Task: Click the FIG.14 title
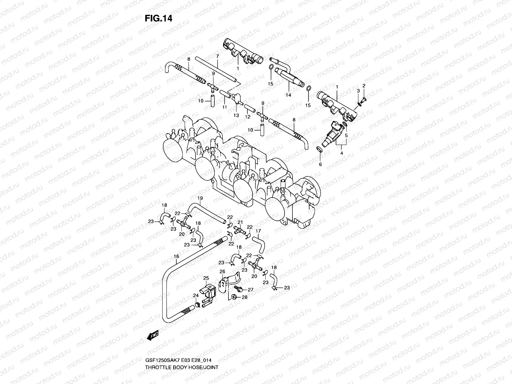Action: tap(158, 19)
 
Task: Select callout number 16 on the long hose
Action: tap(176, 256)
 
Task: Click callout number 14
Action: tap(288, 95)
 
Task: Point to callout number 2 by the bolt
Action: tap(364, 85)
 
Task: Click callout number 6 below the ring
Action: tap(320, 164)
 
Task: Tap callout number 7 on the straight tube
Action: tap(217, 56)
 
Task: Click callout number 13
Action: tap(236, 116)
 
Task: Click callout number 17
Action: tap(258, 230)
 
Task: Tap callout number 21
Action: tap(240, 222)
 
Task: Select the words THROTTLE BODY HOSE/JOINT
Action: tap(182, 367)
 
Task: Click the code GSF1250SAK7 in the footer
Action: tap(158, 361)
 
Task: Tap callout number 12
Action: tap(247, 117)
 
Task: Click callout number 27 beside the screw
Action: tap(251, 290)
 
